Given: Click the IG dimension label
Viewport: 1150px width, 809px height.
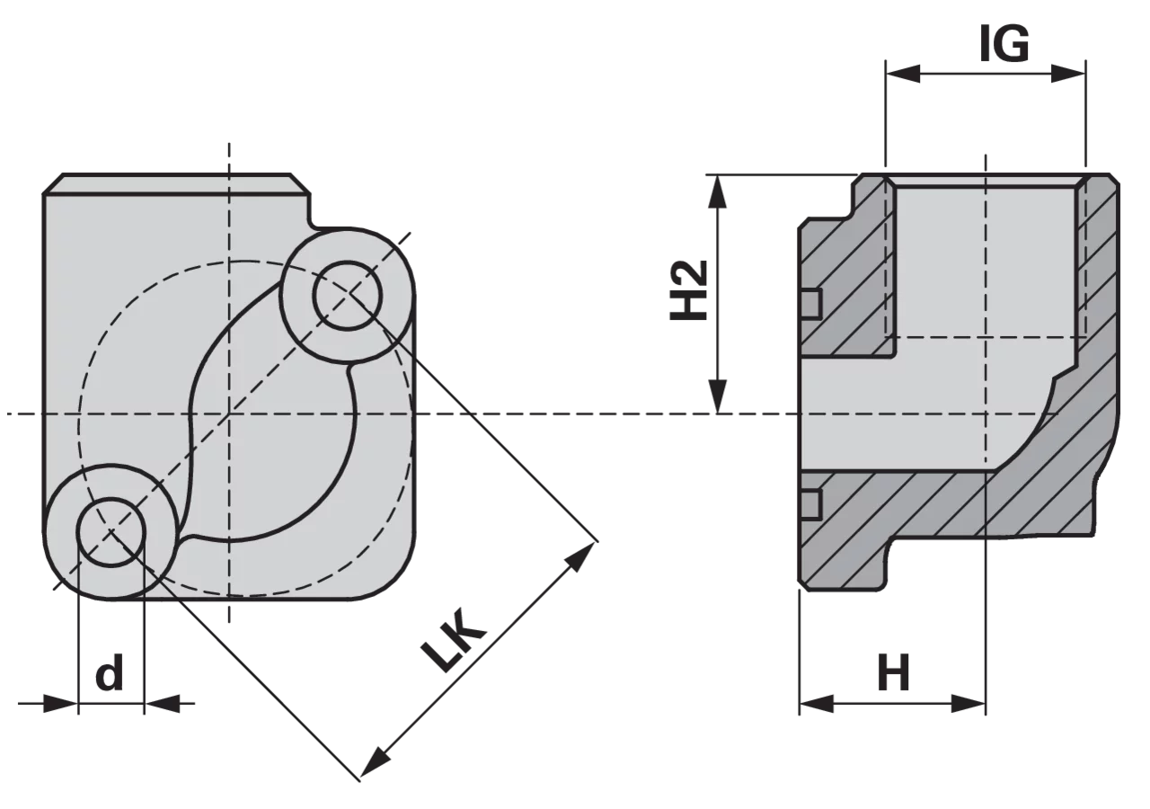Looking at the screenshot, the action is click(1004, 44).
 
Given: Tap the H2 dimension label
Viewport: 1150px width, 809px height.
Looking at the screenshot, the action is click(689, 290).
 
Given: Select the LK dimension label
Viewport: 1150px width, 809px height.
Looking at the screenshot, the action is click(453, 639).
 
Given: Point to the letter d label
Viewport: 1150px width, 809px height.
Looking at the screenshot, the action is click(110, 671).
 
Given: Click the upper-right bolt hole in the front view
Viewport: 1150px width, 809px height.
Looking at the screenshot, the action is click(348, 294).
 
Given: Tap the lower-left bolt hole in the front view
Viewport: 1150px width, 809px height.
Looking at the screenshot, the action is click(111, 532).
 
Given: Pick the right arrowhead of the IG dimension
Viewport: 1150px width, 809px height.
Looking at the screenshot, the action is click(1068, 74).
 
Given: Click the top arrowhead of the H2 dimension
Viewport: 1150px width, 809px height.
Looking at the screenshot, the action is click(717, 192).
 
